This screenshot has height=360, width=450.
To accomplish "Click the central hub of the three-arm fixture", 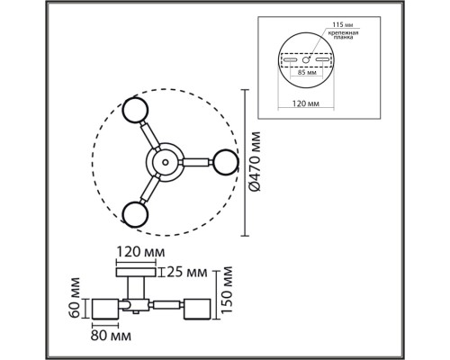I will tap(164, 163).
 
